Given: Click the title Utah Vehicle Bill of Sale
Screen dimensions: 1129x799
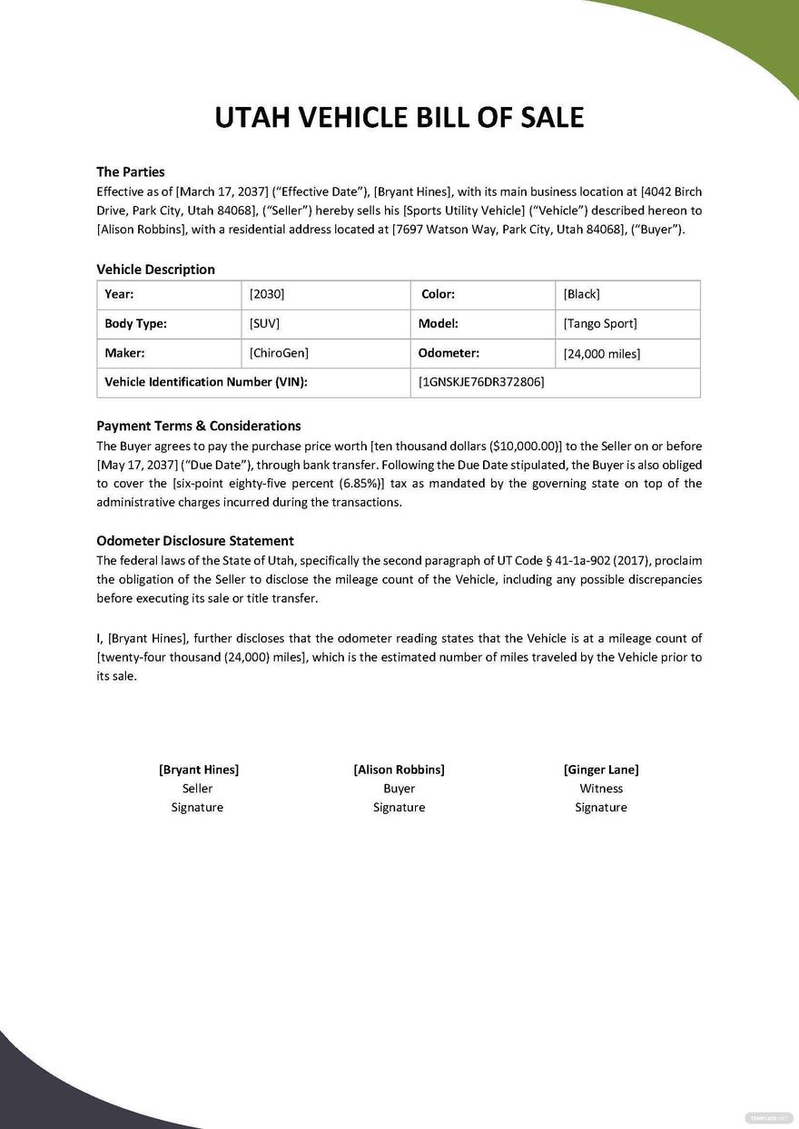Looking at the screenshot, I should pyautogui.click(x=399, y=117).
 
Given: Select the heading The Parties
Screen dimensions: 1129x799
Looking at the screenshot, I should pyautogui.click(x=131, y=172).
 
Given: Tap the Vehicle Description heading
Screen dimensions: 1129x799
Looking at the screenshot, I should pyautogui.click(x=155, y=270).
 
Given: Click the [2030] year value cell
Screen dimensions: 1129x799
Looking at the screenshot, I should pyautogui.click(x=266, y=294).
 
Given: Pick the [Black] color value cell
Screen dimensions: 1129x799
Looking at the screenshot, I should pyautogui.click(x=581, y=294).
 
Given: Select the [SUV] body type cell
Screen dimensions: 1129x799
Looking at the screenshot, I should pyautogui.click(x=264, y=324).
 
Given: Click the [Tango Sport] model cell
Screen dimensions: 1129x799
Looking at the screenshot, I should pyautogui.click(x=599, y=324).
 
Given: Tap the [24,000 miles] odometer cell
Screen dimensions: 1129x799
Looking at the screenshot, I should pyautogui.click(x=601, y=354).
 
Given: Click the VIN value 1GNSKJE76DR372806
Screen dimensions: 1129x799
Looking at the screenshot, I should pyautogui.click(x=481, y=382).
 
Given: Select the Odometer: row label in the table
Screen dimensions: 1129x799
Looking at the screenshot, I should pyautogui.click(x=449, y=353).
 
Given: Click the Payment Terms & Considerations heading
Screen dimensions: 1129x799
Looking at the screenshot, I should pyautogui.click(x=199, y=426).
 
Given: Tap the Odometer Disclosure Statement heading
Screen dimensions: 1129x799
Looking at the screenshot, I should pyautogui.click(x=195, y=541).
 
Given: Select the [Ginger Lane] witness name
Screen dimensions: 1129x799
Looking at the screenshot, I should pyautogui.click(x=601, y=770).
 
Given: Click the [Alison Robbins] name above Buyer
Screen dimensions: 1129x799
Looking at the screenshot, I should pyautogui.click(x=399, y=770).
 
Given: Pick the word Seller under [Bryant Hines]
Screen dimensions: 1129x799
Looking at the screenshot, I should pyautogui.click(x=197, y=789).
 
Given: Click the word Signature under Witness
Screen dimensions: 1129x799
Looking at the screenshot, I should pyautogui.click(x=601, y=808).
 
